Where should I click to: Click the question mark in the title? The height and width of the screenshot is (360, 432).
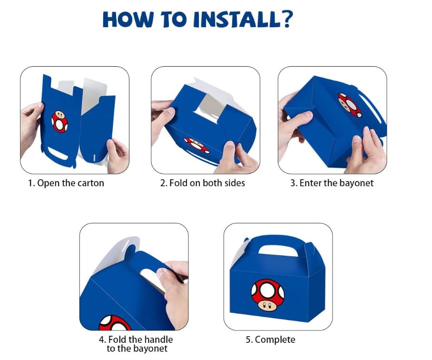click(286, 19)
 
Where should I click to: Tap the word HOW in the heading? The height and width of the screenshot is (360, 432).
click(128, 20)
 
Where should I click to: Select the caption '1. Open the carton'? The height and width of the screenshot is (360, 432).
click(66, 183)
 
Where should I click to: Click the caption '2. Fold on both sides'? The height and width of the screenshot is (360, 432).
click(203, 183)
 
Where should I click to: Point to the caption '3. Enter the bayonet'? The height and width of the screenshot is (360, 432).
click(332, 183)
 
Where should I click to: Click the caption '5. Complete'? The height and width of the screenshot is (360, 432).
click(270, 340)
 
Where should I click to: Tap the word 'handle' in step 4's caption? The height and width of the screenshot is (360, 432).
click(159, 339)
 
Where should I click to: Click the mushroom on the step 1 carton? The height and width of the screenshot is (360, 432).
click(59, 121)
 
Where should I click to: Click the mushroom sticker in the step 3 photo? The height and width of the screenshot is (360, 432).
click(350, 105)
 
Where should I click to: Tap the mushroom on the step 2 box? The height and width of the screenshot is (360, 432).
click(196, 145)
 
